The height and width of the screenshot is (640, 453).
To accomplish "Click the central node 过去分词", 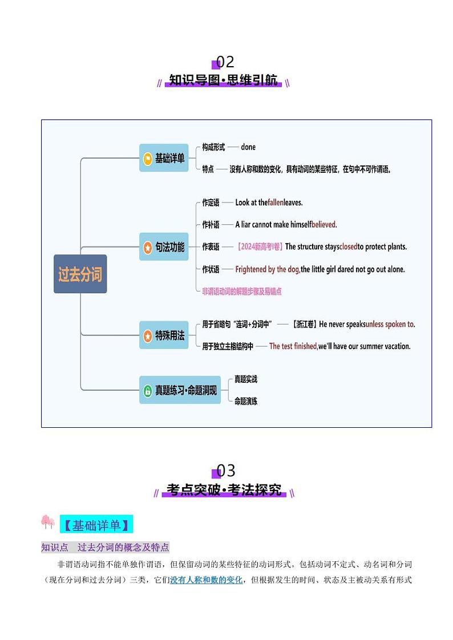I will [80, 274].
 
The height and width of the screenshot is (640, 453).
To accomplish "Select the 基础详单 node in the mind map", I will [164, 159].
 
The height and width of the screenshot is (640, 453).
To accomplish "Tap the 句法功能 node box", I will [164, 247].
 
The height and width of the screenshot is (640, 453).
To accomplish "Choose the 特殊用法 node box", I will [164, 335].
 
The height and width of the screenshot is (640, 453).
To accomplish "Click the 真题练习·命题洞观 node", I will [180, 390].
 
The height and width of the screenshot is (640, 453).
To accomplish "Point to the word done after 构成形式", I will [248, 147].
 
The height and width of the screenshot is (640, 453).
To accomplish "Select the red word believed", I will [323, 224].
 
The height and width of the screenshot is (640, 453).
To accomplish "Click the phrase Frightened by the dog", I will [268, 269].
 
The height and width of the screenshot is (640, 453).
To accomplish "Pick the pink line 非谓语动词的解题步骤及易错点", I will [242, 291].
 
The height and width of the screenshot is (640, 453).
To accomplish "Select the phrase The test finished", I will [293, 346].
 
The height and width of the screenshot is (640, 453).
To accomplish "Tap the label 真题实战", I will [246, 379].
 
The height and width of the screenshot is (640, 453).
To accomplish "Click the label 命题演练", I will [246, 401].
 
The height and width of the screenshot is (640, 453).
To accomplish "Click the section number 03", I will [226, 471].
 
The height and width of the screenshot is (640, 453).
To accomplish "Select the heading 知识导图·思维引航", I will [223, 80].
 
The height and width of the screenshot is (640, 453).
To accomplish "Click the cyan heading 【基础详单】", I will [95, 524].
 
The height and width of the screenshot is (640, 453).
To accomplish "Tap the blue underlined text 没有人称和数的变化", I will [206, 580].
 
